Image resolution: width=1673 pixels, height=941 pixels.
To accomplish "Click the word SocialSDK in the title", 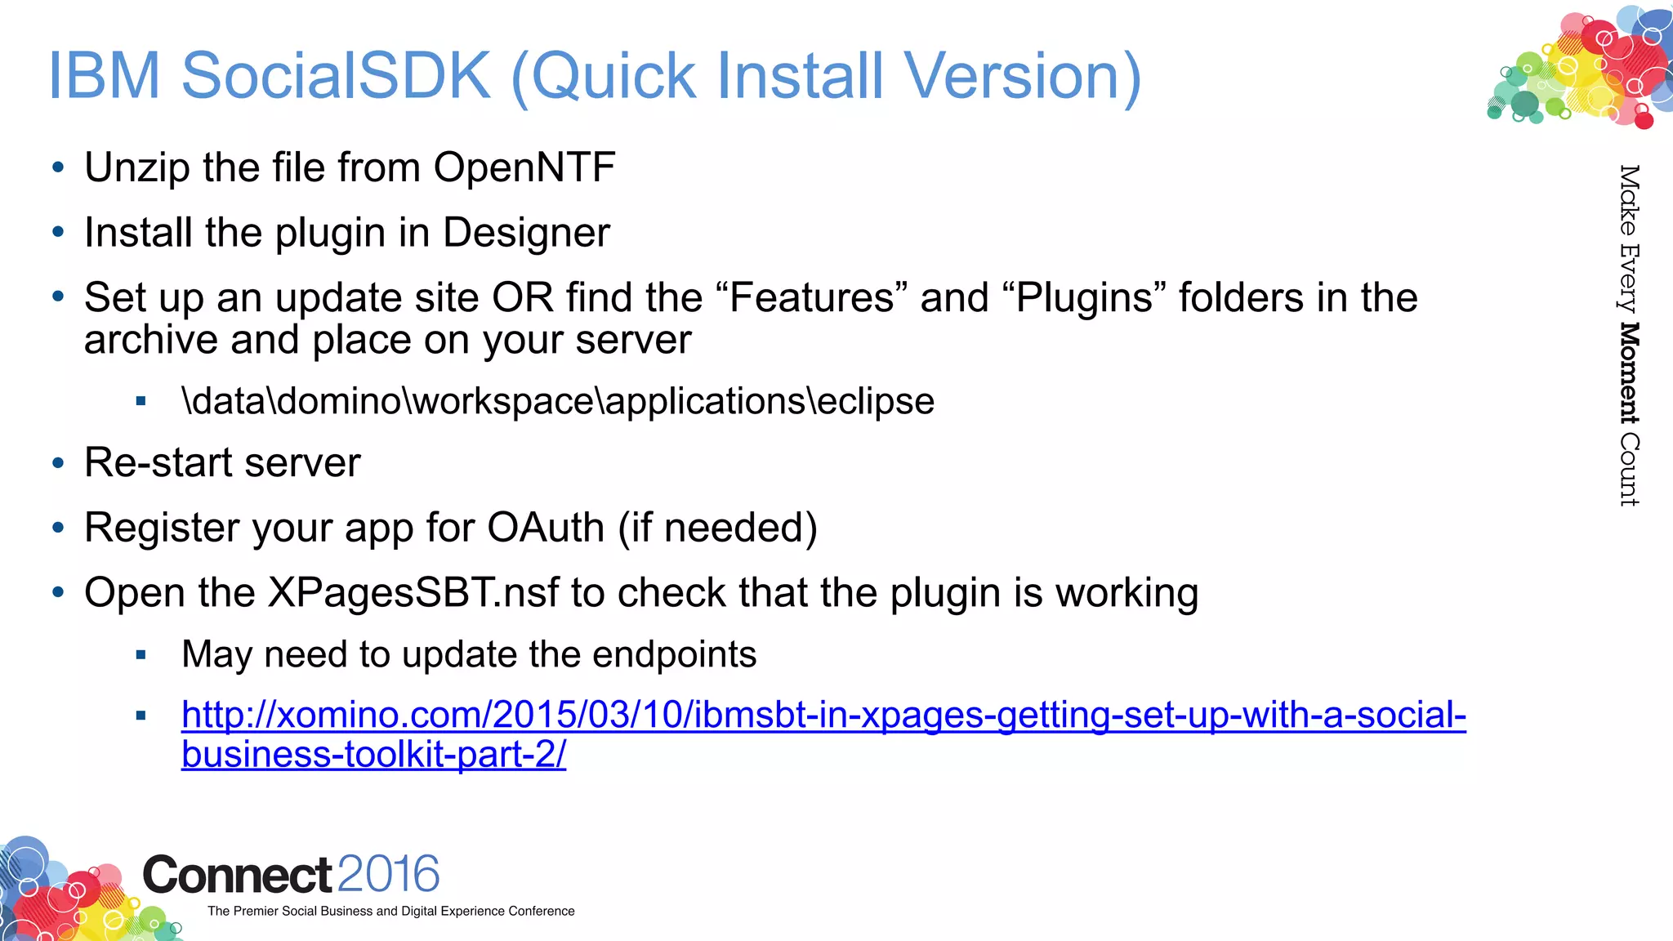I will (x=336, y=76).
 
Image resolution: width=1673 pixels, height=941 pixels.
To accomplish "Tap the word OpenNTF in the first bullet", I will (x=524, y=167).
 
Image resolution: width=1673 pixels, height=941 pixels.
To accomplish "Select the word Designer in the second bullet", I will (x=526, y=233).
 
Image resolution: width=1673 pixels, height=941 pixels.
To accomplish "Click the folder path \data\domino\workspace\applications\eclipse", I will (x=558, y=401).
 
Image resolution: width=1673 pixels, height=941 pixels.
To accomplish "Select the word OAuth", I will (x=546, y=528).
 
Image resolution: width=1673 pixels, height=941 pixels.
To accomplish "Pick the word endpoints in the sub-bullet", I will (x=674, y=654).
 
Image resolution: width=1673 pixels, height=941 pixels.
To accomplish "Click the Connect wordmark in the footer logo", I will (x=237, y=876).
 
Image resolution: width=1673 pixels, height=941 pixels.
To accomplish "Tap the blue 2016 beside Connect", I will (x=388, y=874).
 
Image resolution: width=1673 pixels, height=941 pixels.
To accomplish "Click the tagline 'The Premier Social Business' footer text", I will (x=390, y=911).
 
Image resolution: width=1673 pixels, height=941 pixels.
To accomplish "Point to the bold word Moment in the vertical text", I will (x=1629, y=373).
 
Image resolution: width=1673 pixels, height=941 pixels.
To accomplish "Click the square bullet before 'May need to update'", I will (x=141, y=655).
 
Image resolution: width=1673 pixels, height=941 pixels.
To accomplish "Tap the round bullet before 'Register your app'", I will (x=58, y=528).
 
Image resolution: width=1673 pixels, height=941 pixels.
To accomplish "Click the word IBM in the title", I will (x=104, y=76).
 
